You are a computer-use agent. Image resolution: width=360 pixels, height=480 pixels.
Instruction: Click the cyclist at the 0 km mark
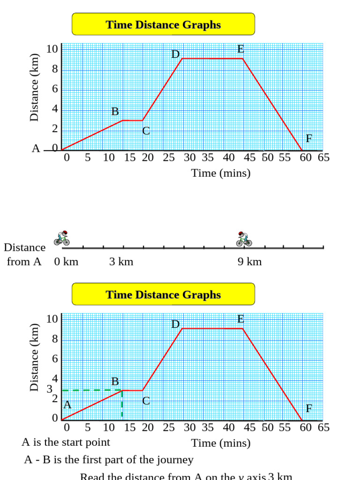coord(62,238)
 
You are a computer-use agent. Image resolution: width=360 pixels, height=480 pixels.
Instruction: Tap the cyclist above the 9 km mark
coord(244,238)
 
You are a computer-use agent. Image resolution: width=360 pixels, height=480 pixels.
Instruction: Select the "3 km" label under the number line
coord(121,262)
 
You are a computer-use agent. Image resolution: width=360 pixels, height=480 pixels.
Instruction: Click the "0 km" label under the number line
coord(66,262)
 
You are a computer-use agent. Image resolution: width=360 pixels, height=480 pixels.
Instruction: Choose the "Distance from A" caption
coord(24,255)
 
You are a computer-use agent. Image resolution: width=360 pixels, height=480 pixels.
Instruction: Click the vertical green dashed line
coord(122,404)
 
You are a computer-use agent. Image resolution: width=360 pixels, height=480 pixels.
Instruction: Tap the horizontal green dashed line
coord(91,390)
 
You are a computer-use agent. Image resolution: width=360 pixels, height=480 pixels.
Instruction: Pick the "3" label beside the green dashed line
coord(50,389)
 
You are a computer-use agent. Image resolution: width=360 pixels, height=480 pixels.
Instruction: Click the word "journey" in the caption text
coord(175,460)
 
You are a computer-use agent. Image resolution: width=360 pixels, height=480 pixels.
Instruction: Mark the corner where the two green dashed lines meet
coord(122,390)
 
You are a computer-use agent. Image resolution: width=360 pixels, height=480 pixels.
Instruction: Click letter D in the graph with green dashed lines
coord(175,324)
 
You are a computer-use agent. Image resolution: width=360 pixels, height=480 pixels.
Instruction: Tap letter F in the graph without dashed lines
coord(309,138)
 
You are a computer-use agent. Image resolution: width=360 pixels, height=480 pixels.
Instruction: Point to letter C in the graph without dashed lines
coord(146,131)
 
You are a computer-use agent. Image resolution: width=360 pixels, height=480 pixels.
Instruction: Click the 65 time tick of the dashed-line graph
coord(323,427)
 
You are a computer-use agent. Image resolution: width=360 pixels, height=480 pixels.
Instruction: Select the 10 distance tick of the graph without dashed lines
coord(52,49)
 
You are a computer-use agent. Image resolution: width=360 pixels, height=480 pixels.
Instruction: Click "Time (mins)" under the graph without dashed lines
coord(221,173)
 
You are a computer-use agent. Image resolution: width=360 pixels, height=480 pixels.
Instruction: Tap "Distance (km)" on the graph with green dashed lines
coord(34,357)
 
